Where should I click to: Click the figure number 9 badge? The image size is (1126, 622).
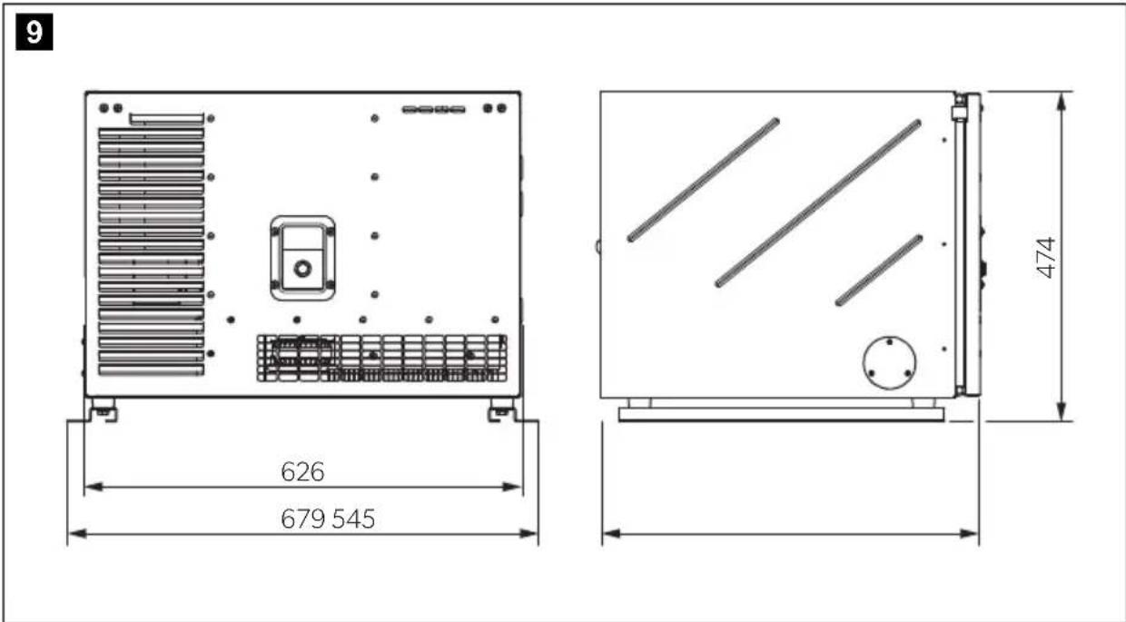(x=35, y=32)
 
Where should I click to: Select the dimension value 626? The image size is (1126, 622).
(x=302, y=471)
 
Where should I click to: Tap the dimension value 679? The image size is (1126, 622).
(x=302, y=518)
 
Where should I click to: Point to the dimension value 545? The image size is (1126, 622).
(x=353, y=518)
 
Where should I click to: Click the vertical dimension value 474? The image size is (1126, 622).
(x=1046, y=258)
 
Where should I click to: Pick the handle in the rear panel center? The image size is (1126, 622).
(x=302, y=258)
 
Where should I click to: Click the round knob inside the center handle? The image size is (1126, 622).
(x=302, y=269)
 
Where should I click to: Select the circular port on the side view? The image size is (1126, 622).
(x=889, y=362)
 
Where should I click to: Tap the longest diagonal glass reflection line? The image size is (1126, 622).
(x=818, y=203)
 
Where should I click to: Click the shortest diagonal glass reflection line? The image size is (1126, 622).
(x=879, y=270)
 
